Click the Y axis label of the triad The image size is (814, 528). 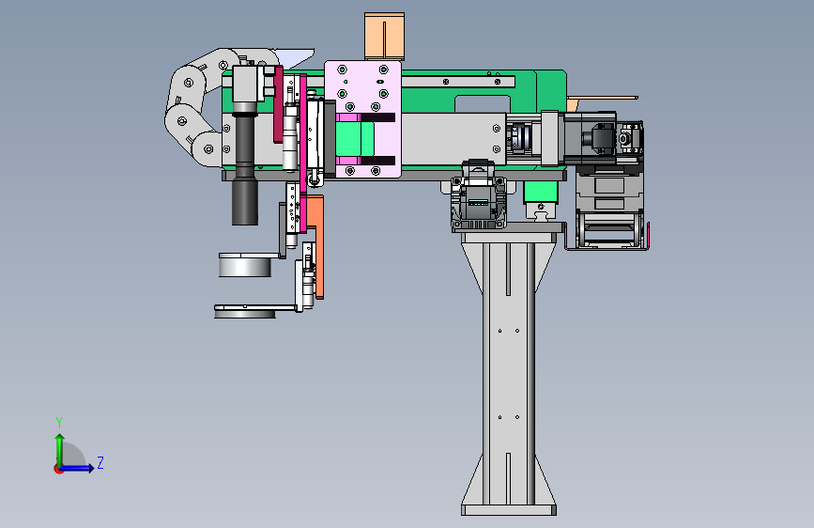pyautogui.click(x=59, y=422)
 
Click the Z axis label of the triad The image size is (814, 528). pyautogui.click(x=100, y=462)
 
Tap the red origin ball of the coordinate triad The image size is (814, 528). pyautogui.click(x=58, y=469)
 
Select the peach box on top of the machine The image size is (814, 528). pyautogui.click(x=384, y=37)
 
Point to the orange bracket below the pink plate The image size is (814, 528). pyautogui.click(x=315, y=244)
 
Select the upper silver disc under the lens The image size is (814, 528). pyautogui.click(x=245, y=265)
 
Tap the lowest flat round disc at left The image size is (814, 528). pyautogui.click(x=245, y=313)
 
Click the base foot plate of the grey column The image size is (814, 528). pyautogui.click(x=509, y=510)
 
